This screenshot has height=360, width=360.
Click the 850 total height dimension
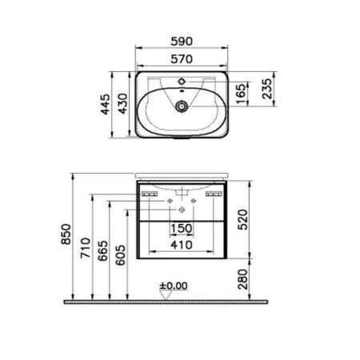(67, 233)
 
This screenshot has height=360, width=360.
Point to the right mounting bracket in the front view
(213, 193)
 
